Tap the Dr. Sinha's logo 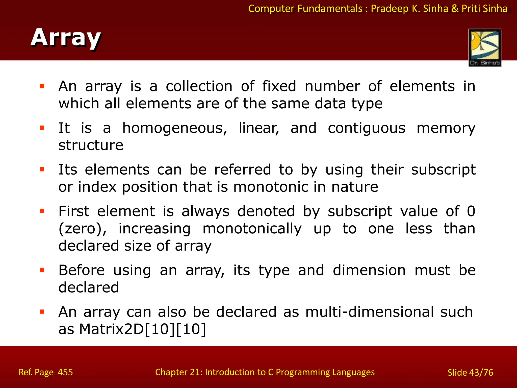point(485,48)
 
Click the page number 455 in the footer point(65,372)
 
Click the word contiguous point(366,128)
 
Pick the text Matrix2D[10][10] point(143,329)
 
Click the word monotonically point(252,229)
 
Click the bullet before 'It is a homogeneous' point(42,128)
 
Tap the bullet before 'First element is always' point(42,211)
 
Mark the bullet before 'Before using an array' point(42,270)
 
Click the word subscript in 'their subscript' point(443,170)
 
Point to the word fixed point(279,86)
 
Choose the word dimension point(369,270)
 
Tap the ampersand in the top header point(455,9)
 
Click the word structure point(91,145)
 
